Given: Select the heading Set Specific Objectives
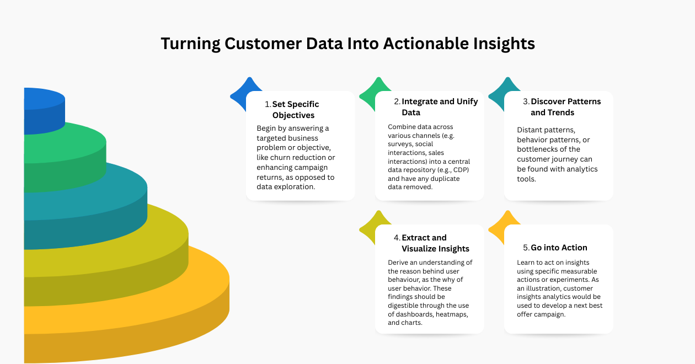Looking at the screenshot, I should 296,110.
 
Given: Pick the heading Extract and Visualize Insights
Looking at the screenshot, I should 435,243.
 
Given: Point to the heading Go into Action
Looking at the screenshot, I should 559,248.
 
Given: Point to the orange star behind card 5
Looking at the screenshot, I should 499,226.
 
